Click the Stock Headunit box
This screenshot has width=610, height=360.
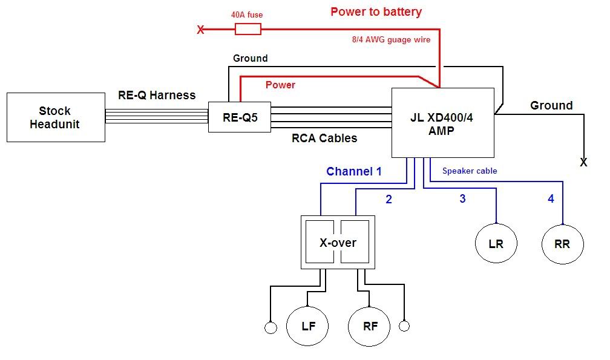[x=55, y=117]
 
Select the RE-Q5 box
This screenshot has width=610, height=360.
[x=240, y=117]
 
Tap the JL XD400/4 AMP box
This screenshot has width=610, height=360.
[x=444, y=123]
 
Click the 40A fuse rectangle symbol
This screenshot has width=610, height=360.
[x=248, y=29]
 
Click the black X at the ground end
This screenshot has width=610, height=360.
[x=583, y=163]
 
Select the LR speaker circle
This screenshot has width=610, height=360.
[x=496, y=244]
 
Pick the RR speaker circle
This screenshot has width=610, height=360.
[x=563, y=244]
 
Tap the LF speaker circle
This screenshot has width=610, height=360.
[x=309, y=326]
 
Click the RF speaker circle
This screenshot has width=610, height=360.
[x=370, y=326]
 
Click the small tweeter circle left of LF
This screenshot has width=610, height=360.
[x=271, y=327]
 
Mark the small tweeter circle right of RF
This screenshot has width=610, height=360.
[x=404, y=326]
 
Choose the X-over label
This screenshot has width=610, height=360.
[x=338, y=243]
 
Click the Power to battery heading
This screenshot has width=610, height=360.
[x=376, y=11]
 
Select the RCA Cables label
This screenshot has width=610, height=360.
[x=324, y=138]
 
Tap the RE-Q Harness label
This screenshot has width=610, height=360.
[x=157, y=95]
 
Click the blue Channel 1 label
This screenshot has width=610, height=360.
[x=354, y=171]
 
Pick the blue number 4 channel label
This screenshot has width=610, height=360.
[x=551, y=198]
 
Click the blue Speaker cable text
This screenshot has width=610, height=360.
[x=470, y=171]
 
